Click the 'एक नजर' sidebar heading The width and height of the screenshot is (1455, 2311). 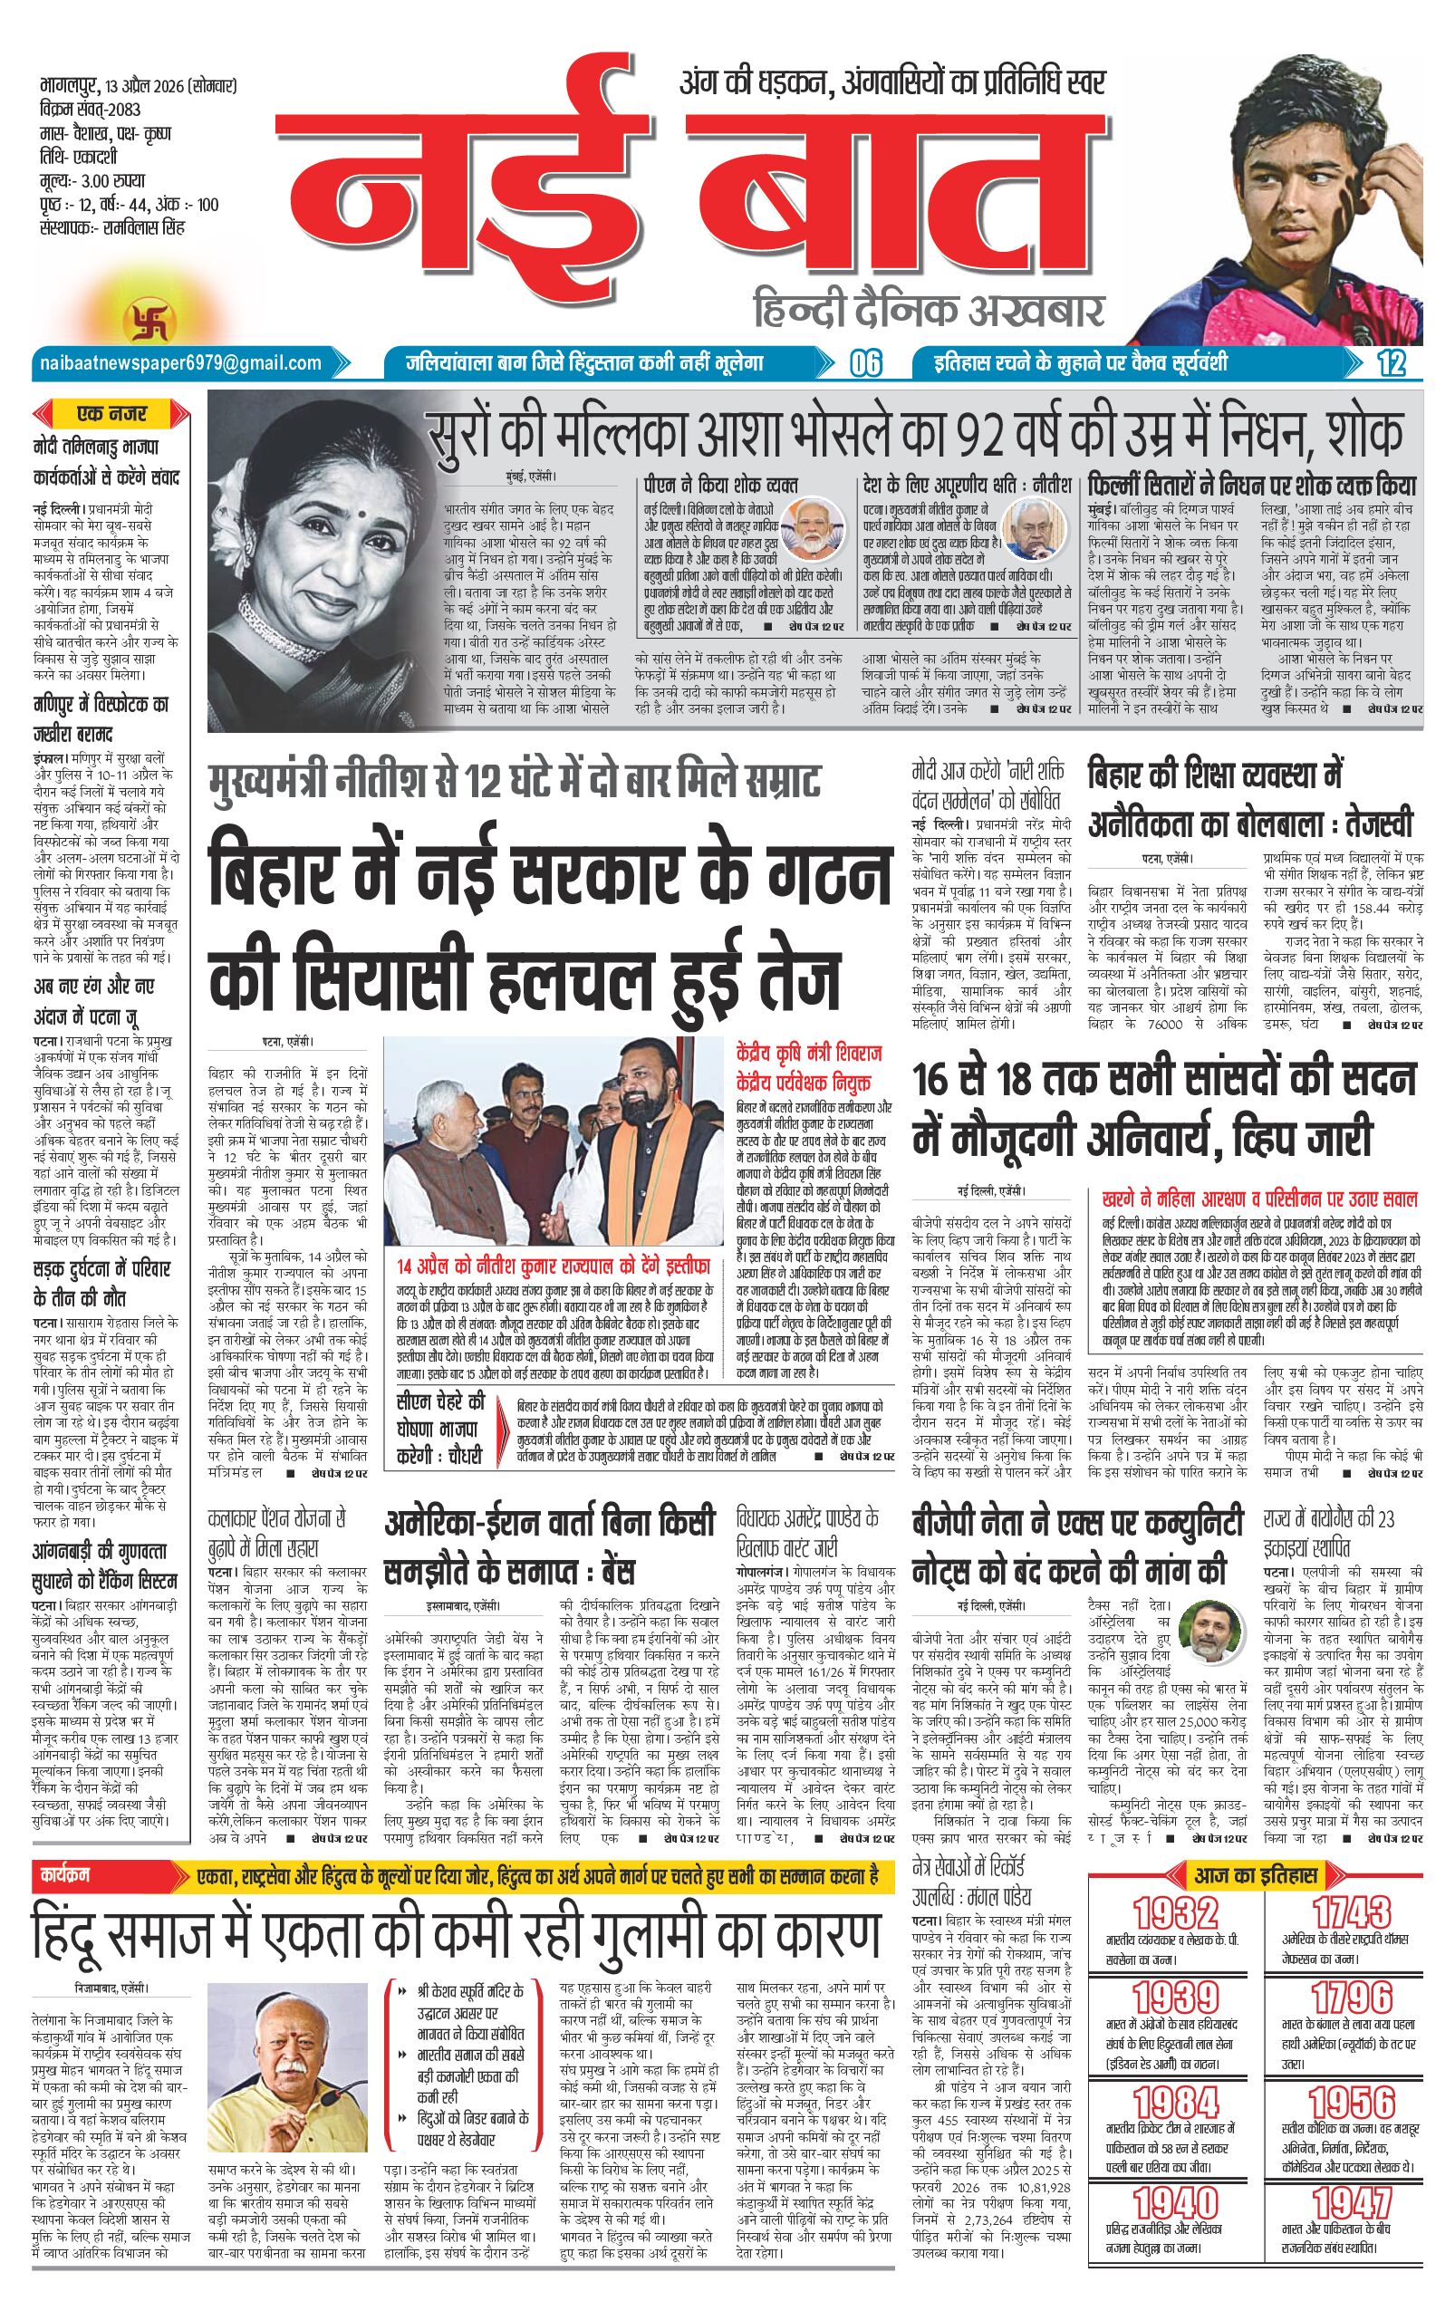113,415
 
